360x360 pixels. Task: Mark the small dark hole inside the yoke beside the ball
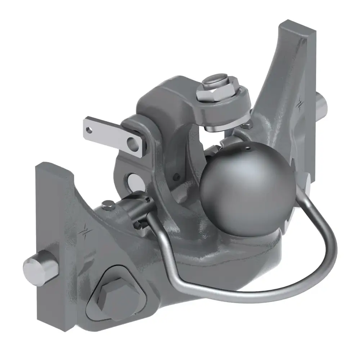pos(176,177)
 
